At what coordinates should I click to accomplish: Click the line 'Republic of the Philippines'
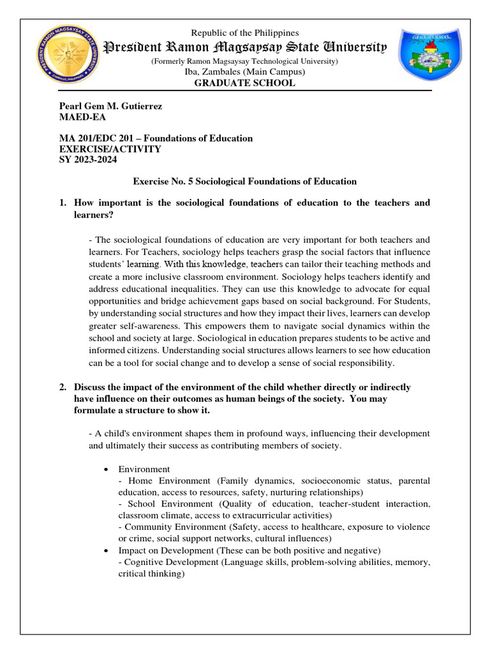pyautogui.click(x=246, y=33)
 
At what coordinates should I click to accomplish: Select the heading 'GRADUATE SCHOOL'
pyautogui.click(x=246, y=83)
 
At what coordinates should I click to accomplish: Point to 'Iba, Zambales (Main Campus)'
pyautogui.click(x=246, y=72)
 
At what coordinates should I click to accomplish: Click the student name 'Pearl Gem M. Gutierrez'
pyautogui.click(x=110, y=106)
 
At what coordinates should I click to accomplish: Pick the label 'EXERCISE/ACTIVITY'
pyautogui.click(x=110, y=149)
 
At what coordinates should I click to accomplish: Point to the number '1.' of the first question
pyautogui.click(x=63, y=203)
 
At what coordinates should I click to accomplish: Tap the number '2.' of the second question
pyautogui.click(x=63, y=387)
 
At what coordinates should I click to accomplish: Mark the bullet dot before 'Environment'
pyautogui.click(x=106, y=469)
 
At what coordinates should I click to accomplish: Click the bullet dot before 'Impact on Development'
pyautogui.click(x=106, y=550)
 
